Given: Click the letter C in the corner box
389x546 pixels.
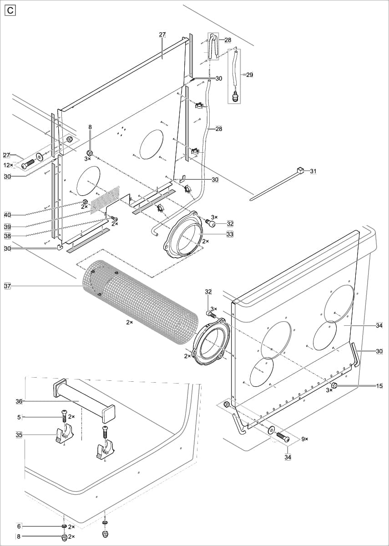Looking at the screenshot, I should [10, 10].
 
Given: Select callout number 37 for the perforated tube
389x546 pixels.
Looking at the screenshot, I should [7, 286].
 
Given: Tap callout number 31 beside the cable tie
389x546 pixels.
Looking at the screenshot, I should [313, 171].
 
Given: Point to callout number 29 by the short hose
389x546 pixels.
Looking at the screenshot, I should [249, 75].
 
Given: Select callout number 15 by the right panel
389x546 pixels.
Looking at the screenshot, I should [379, 386].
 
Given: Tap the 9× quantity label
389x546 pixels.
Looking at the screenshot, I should [304, 439].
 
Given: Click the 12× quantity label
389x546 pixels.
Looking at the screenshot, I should [9, 165].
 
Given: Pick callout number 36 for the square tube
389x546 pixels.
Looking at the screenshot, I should [19, 401].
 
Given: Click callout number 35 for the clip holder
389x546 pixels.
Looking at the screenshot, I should [19, 435].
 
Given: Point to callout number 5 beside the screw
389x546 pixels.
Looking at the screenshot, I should [19, 416].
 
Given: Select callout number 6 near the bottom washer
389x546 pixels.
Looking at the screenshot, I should [19, 526].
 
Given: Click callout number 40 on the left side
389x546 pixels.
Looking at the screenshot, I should [7, 215].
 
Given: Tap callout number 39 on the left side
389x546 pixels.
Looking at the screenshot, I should [7, 227].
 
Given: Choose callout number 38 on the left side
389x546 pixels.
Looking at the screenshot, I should [7, 236].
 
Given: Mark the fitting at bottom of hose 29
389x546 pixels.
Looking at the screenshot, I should [236, 96].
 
